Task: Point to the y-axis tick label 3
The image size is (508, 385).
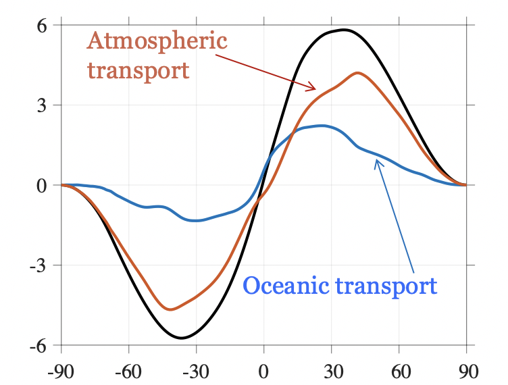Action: [42, 105]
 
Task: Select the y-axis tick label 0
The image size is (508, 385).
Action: [42, 185]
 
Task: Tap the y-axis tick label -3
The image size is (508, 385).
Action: [39, 265]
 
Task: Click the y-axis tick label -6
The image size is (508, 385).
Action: [39, 345]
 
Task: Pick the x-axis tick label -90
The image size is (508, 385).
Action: [61, 371]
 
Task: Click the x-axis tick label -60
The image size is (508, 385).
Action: [128, 371]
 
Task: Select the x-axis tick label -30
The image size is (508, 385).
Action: [196, 371]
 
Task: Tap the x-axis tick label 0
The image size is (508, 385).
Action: [263, 371]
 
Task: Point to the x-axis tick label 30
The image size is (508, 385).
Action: [331, 371]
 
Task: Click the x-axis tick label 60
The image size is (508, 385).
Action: [399, 371]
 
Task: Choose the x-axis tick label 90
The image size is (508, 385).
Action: [466, 371]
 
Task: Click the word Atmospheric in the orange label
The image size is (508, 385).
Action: [157, 41]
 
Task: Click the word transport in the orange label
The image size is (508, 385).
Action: [138, 70]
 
